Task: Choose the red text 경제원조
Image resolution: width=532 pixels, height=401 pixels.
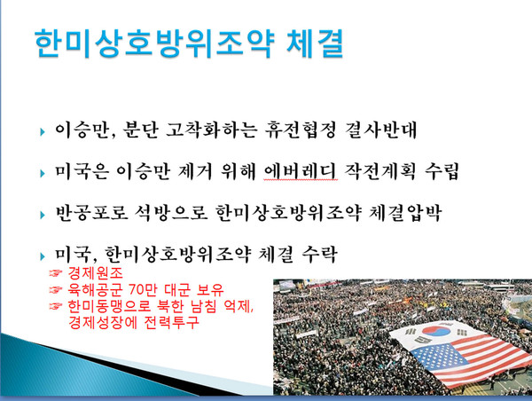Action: (100, 275)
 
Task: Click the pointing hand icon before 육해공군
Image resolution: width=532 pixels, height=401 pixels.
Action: (54, 291)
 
